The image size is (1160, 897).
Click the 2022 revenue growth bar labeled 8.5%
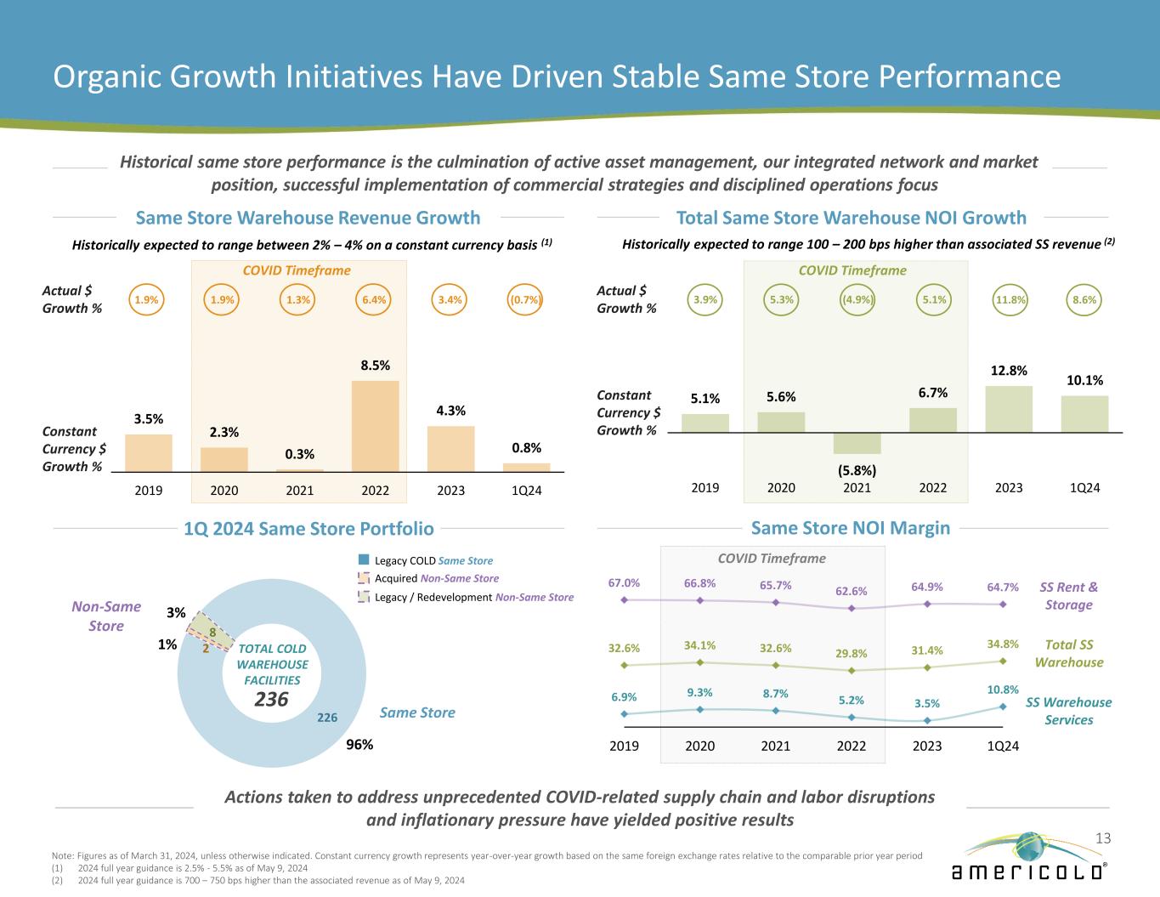click(x=375, y=425)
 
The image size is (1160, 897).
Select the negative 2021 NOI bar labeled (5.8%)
click(x=857, y=443)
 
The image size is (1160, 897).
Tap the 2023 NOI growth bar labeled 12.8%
click(x=1009, y=409)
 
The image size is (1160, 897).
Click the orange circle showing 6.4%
click(x=375, y=300)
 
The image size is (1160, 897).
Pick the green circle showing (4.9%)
click(x=857, y=300)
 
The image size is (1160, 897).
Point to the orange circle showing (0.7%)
click(x=526, y=300)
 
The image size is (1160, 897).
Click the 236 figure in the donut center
click(x=272, y=699)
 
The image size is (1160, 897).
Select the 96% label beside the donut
click(x=360, y=744)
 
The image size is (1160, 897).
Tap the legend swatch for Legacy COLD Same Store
click(x=364, y=560)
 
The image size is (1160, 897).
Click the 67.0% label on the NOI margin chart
click(x=624, y=583)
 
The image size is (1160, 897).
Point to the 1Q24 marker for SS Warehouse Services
click(x=1004, y=706)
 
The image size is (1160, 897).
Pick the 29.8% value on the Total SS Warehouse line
click(x=851, y=653)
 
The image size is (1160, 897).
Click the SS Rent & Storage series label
click(x=1068, y=595)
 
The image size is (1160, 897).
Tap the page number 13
click(x=1102, y=839)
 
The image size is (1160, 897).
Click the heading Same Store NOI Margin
click(x=851, y=528)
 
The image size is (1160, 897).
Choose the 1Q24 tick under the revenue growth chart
click(x=526, y=491)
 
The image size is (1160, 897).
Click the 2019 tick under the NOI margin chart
click(x=624, y=746)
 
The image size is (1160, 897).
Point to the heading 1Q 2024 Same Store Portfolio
click(x=308, y=529)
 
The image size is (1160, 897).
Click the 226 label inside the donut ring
click(x=327, y=718)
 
